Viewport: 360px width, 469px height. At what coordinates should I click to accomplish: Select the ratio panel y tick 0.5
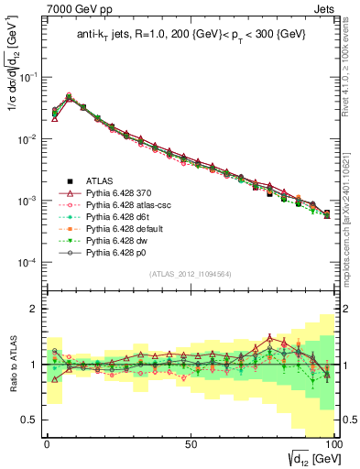pos(34,420)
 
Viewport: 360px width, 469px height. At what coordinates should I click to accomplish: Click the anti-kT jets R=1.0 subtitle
pos(191,36)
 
